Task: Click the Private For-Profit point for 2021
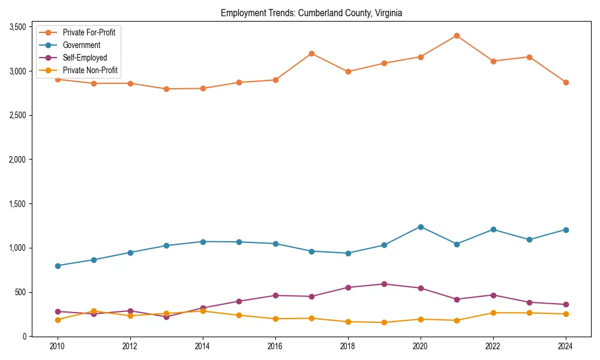coord(457,35)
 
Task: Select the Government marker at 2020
coord(421,227)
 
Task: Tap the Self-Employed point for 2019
coord(384,284)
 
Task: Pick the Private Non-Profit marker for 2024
coord(566,314)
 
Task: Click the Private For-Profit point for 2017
coord(311,53)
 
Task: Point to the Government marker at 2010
coord(58,266)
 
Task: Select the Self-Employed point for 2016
coord(275,295)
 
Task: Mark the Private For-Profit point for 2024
coord(566,82)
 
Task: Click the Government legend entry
coord(81,45)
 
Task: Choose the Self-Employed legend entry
coord(85,58)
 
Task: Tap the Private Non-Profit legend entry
coord(89,70)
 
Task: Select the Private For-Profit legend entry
coord(88,32)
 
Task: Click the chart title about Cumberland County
coord(311,13)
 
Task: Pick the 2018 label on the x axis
coord(348,346)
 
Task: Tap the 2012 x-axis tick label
coord(130,346)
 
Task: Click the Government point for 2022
coord(493,229)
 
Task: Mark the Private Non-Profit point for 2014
coord(203,311)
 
